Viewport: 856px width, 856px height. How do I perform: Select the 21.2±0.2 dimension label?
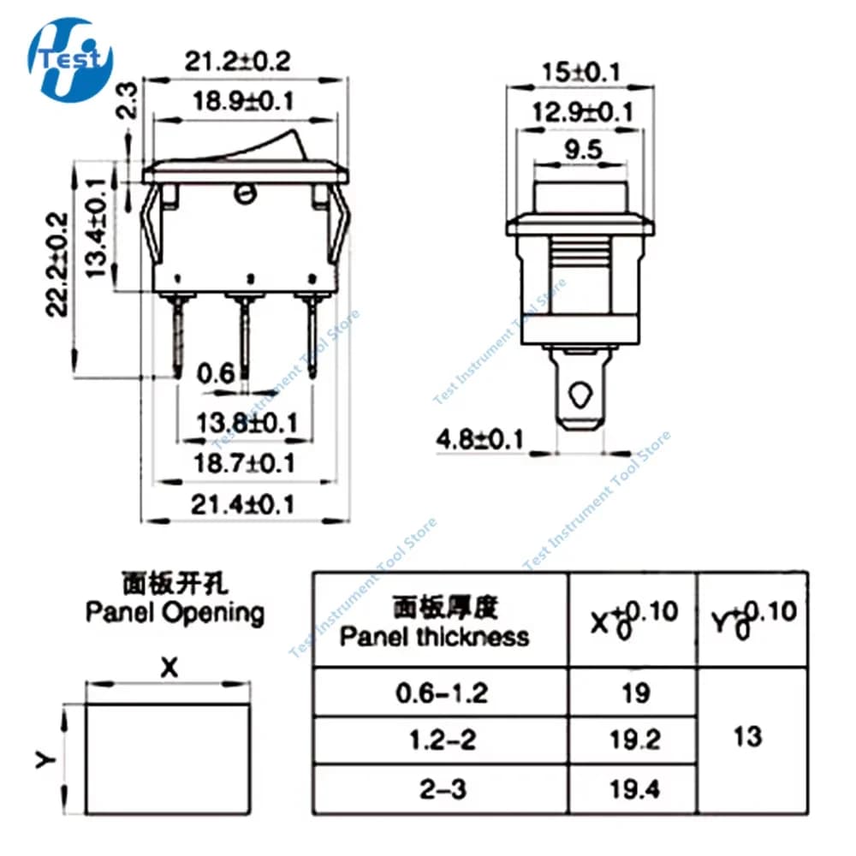pyautogui.click(x=237, y=60)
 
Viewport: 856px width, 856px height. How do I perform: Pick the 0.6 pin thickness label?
pyautogui.click(x=215, y=374)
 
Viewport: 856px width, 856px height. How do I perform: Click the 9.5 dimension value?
pyautogui.click(x=580, y=151)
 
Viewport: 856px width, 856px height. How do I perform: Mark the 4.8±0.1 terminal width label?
pyautogui.click(x=479, y=440)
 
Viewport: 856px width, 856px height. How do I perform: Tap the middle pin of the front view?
pyautogui.click(x=246, y=334)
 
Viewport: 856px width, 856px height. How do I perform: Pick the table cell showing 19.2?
pyautogui.click(x=633, y=739)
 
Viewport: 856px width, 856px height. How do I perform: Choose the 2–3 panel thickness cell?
pyautogui.click(x=441, y=788)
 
